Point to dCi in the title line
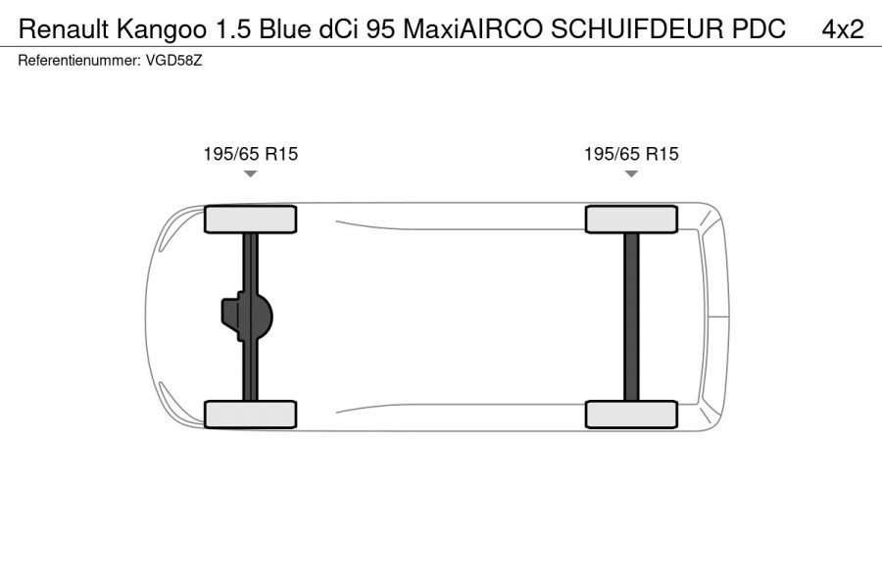click(x=339, y=29)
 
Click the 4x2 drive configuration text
click(x=843, y=29)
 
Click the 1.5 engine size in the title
click(x=221, y=29)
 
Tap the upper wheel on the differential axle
click(x=250, y=220)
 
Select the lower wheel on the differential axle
click(x=250, y=414)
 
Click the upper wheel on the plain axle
click(x=631, y=220)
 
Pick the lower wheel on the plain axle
click(x=631, y=414)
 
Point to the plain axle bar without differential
click(x=631, y=317)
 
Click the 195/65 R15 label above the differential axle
click(x=250, y=154)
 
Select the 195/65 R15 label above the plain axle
click(x=631, y=154)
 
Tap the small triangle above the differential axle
click(x=250, y=173)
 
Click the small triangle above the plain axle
click(x=631, y=173)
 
